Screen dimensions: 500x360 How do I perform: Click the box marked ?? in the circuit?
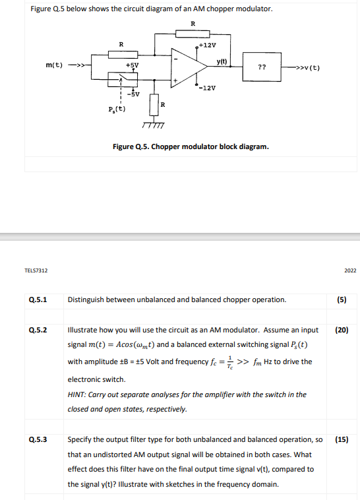(262, 67)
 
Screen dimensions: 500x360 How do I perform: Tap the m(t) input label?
(55, 66)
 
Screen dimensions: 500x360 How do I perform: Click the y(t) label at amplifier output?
(222, 61)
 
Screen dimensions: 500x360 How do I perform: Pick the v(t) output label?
(310, 67)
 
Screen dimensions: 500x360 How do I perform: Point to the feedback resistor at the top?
(193, 34)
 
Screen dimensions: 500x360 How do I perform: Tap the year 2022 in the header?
(350, 270)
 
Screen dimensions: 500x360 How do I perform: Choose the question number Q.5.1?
(38, 299)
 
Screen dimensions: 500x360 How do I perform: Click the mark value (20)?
(342, 330)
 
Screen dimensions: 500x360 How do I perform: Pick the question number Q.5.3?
(38, 439)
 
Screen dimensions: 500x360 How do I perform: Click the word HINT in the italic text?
(78, 394)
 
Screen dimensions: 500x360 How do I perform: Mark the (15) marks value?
(342, 439)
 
